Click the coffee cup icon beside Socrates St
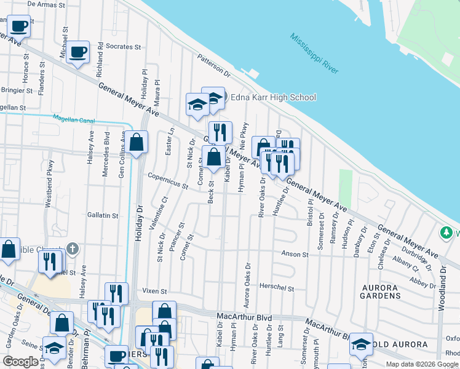77,52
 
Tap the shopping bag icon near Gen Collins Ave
138,143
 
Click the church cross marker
73,248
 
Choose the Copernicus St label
168,180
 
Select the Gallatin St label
102,215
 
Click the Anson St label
295,254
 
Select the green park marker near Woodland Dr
445,233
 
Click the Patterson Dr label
213,66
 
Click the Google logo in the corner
20,362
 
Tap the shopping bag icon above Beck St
213,157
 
